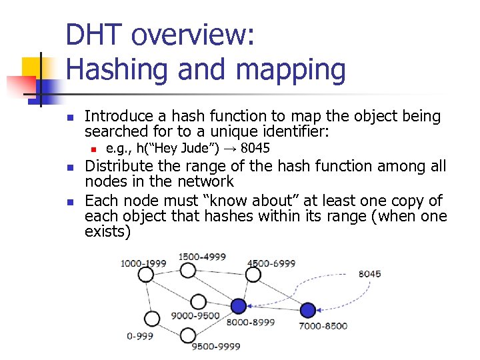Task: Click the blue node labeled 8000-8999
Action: tap(238, 306)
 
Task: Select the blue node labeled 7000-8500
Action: tap(307, 310)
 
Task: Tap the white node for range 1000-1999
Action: tap(146, 274)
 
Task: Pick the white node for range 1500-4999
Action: tap(188, 270)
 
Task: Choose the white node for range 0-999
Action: tap(152, 319)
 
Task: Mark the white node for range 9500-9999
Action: tap(188, 335)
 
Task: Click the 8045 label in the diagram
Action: tap(370, 273)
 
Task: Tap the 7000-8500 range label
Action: tap(323, 325)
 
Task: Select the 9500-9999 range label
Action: tap(215, 346)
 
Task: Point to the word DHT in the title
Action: tap(93, 35)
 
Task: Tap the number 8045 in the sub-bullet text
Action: tap(255, 148)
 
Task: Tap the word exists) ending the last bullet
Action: tap(107, 231)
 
